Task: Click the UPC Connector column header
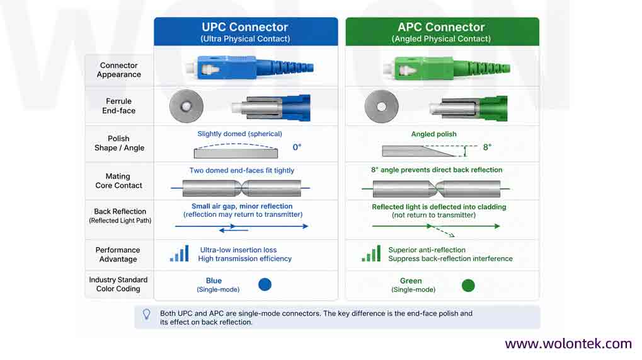[x=246, y=32]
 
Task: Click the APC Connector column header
[x=442, y=32]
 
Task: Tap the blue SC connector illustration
[x=249, y=67]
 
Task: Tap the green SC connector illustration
[x=447, y=67]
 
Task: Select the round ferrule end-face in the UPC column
[x=186, y=106]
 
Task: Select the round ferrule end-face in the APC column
[x=381, y=107]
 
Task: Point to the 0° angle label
[x=297, y=147]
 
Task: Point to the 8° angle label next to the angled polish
[x=487, y=147]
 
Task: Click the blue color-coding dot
[x=265, y=284]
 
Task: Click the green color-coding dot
[x=468, y=285]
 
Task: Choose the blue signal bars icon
[x=180, y=253]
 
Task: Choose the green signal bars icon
[x=371, y=253]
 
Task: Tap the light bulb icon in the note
[x=146, y=315]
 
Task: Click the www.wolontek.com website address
[x=568, y=343]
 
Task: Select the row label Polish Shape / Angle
[x=119, y=143]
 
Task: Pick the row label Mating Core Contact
[x=118, y=181]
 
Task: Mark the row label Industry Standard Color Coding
[x=118, y=284]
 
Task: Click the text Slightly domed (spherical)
[x=239, y=134]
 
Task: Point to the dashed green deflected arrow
[x=442, y=231]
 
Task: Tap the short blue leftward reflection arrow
[x=234, y=230]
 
